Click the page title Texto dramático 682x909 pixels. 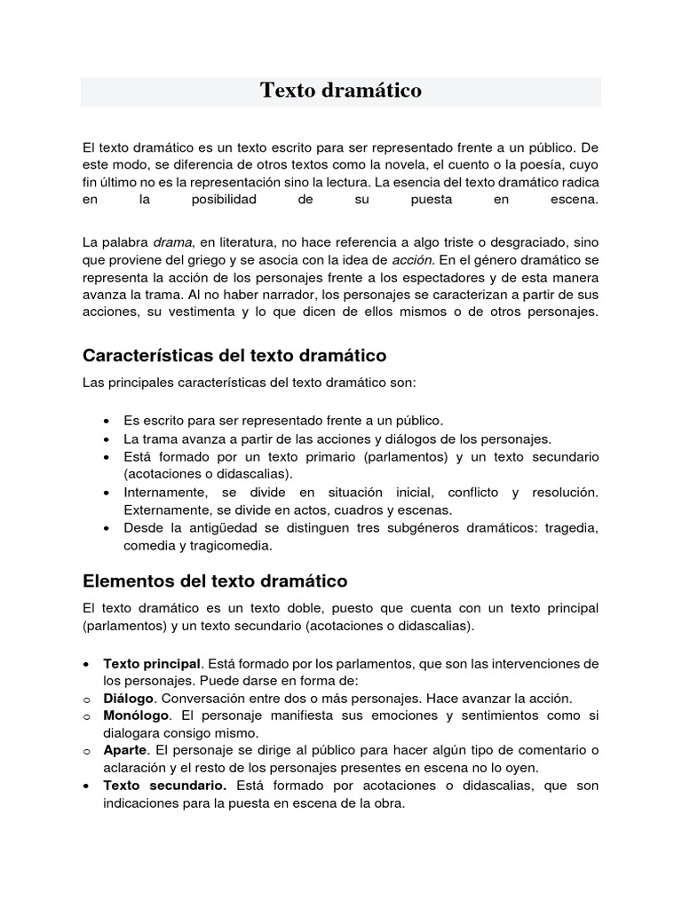tap(340, 91)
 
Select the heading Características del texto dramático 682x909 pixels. tap(234, 355)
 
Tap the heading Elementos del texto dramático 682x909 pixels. tap(214, 581)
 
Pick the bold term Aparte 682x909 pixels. tap(124, 751)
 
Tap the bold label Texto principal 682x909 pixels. tap(152, 664)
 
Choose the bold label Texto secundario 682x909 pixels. tap(164, 786)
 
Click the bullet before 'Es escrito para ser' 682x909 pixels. tap(107, 421)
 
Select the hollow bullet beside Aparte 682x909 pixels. tap(86, 752)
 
